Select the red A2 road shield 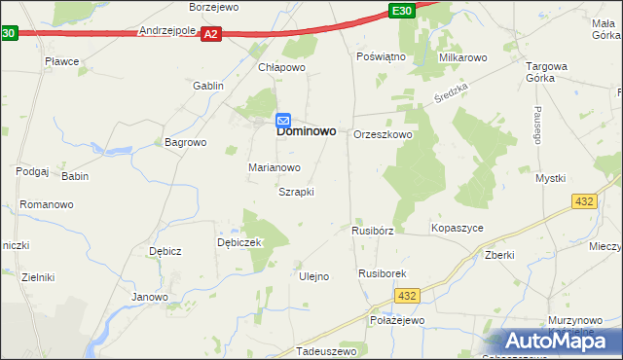coord(212,34)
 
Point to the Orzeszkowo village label coord(384,134)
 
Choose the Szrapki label coord(296,192)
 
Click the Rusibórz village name coord(373,232)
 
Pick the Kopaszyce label coord(458,228)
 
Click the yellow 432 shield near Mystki coord(584,199)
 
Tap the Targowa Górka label coord(547,72)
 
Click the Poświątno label coord(381,57)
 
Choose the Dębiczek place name coord(239,242)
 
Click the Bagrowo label coord(186,142)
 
